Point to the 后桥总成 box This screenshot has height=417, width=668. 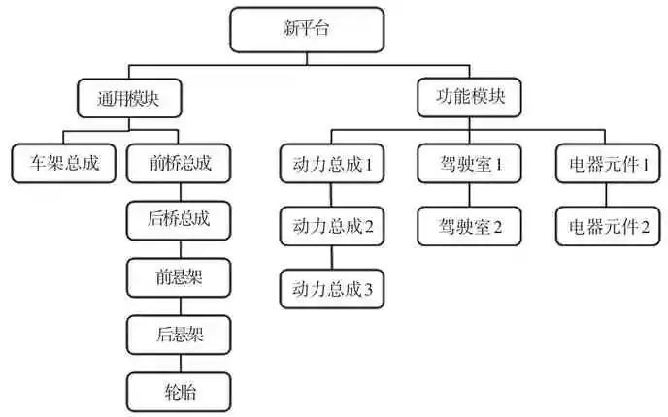point(180,220)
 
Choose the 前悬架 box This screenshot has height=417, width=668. point(180,277)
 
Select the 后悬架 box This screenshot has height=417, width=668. point(180,335)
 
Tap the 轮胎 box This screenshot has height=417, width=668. point(180,392)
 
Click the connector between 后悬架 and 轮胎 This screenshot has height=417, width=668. point(180,364)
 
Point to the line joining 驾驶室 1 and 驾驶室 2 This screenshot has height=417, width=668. point(471,195)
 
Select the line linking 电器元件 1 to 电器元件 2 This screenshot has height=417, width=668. point(609,195)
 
